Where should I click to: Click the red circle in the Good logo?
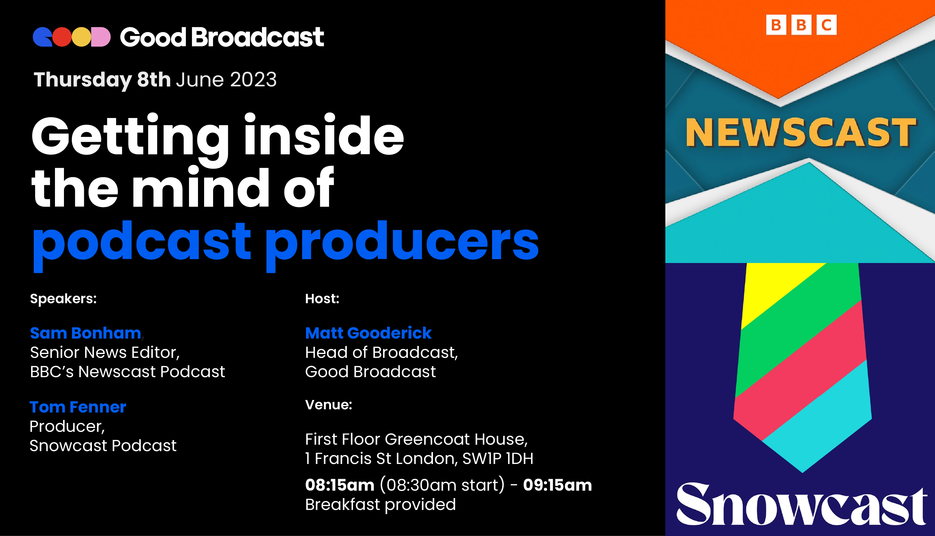(62, 37)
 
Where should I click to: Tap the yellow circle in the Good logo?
(81, 37)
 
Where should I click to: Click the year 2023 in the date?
(253, 79)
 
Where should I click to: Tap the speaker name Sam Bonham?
(85, 333)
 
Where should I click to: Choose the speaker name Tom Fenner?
(78, 407)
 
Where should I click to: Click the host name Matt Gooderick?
(368, 333)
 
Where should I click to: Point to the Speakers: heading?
(63, 299)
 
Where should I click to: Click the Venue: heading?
(328, 405)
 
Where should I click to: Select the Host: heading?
(322, 299)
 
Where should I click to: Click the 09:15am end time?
(557, 485)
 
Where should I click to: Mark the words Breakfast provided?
(381, 505)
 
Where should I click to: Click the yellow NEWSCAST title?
(801, 133)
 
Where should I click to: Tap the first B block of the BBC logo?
(776, 25)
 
